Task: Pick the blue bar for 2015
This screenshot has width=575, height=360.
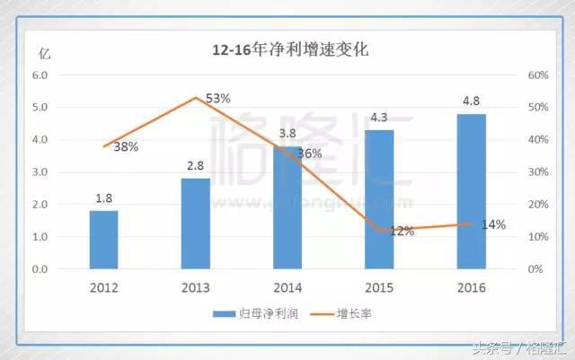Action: point(379,198)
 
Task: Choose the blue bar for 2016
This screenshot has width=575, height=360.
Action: point(471,190)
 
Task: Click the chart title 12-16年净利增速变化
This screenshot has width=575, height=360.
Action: point(289,50)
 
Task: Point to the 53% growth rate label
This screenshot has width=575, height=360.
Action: point(218,98)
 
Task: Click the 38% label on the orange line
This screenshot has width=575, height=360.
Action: point(126,146)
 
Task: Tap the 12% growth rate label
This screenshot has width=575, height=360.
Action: point(402,231)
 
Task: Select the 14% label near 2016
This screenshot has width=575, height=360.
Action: point(493,224)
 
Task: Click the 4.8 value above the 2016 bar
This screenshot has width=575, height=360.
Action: point(471,101)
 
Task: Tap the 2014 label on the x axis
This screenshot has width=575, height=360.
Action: point(287,287)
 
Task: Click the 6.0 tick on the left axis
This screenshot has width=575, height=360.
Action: point(40,75)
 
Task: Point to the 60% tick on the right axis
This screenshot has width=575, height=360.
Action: point(534,75)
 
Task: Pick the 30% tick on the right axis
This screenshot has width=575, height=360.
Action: point(534,172)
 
